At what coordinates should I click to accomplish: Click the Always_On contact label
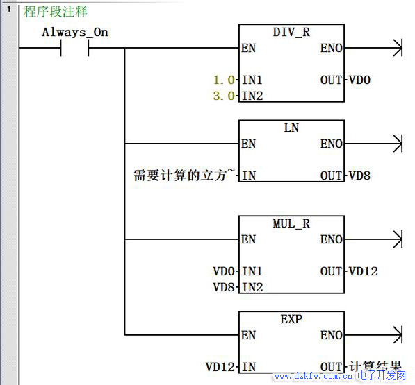[x=75, y=33]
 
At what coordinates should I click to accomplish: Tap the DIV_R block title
[x=291, y=32]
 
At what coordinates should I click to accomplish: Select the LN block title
[x=291, y=128]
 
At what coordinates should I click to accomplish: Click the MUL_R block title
[x=291, y=223]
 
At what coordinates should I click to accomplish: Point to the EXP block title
[x=291, y=319]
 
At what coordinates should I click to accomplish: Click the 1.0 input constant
[x=224, y=80]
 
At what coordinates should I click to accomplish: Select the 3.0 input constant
[x=224, y=96]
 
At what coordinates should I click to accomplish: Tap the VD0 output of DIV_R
[x=359, y=80]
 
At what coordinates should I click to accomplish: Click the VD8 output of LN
[x=359, y=176]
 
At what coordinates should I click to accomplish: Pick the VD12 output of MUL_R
[x=363, y=271]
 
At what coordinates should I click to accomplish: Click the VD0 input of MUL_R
[x=224, y=271]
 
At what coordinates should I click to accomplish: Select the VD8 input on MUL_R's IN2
[x=224, y=287]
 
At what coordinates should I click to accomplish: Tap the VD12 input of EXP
[x=220, y=367]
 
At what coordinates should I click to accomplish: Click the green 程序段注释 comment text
[x=56, y=11]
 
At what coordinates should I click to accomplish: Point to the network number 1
[x=9, y=9]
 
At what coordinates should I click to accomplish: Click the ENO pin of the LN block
[x=332, y=144]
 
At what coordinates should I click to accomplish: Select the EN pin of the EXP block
[x=249, y=335]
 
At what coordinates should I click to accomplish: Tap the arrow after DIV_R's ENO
[x=374, y=48]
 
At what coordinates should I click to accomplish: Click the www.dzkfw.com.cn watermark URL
[x=314, y=376]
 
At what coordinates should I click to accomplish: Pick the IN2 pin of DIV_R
[x=252, y=96]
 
